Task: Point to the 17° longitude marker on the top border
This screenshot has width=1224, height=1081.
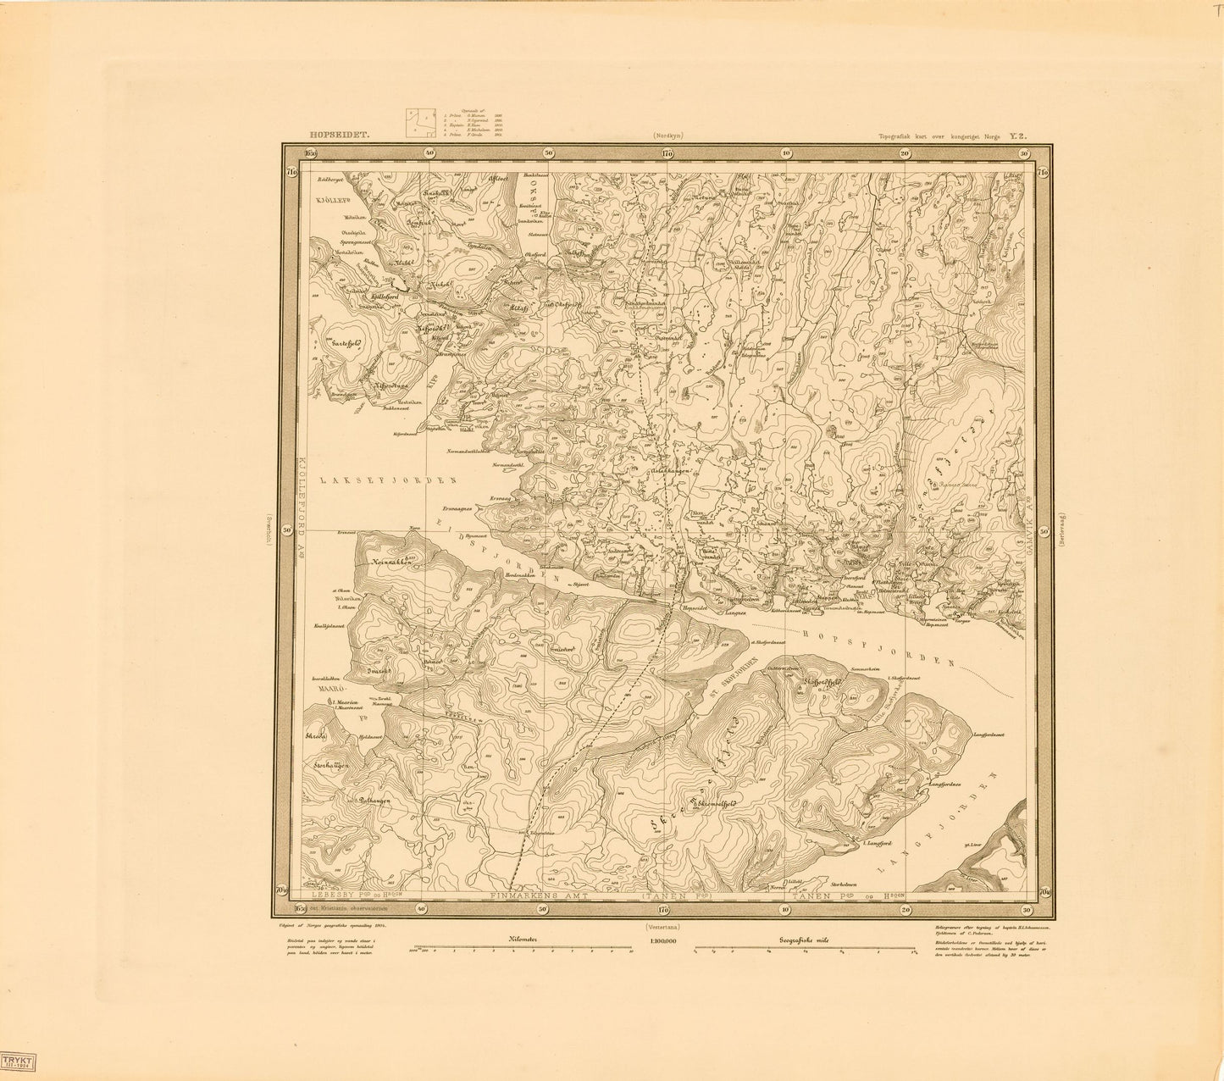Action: (x=666, y=153)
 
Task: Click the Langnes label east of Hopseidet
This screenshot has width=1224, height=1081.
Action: (x=735, y=610)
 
